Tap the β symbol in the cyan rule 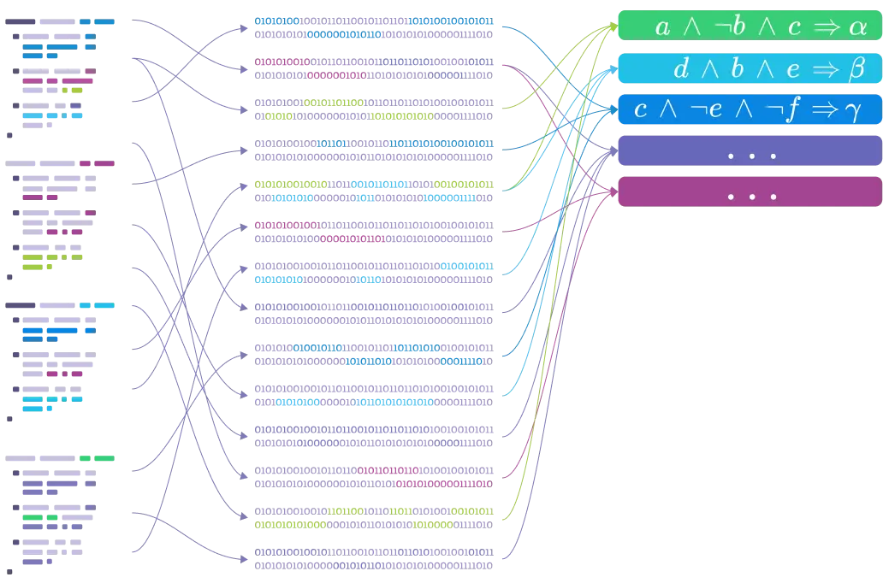856,69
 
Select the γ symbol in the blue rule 852,111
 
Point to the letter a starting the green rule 663,27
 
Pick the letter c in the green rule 794,27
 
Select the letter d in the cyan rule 681,69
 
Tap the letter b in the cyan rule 737,69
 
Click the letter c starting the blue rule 641,110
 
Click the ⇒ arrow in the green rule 827,27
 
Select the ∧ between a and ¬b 691,27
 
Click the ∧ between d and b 709,69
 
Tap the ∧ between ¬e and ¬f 742,110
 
